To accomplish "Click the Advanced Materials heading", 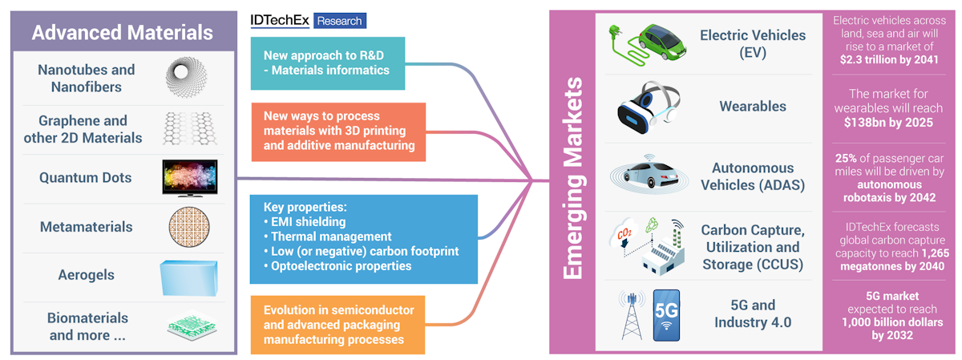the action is coord(123,33).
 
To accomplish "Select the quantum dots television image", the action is coord(190,178).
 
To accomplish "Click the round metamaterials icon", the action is coord(189,227).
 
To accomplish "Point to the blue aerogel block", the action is coord(189,278).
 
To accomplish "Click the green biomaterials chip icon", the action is coord(192,325).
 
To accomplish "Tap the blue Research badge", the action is coord(340,21).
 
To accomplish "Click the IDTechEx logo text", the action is coord(280,20).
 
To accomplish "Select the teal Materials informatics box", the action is coord(328,63).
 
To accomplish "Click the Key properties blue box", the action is coord(364,239).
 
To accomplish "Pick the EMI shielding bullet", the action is coord(305,221).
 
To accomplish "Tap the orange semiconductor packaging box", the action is coord(338,325).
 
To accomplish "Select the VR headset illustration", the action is coord(649,107).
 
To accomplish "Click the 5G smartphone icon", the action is coord(666,315).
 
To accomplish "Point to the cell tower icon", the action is coord(632,315).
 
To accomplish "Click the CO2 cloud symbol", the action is coord(623,233).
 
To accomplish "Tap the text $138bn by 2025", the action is coord(888,123).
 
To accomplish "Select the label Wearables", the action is coord(753,106).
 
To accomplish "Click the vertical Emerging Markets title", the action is coord(573,178).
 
